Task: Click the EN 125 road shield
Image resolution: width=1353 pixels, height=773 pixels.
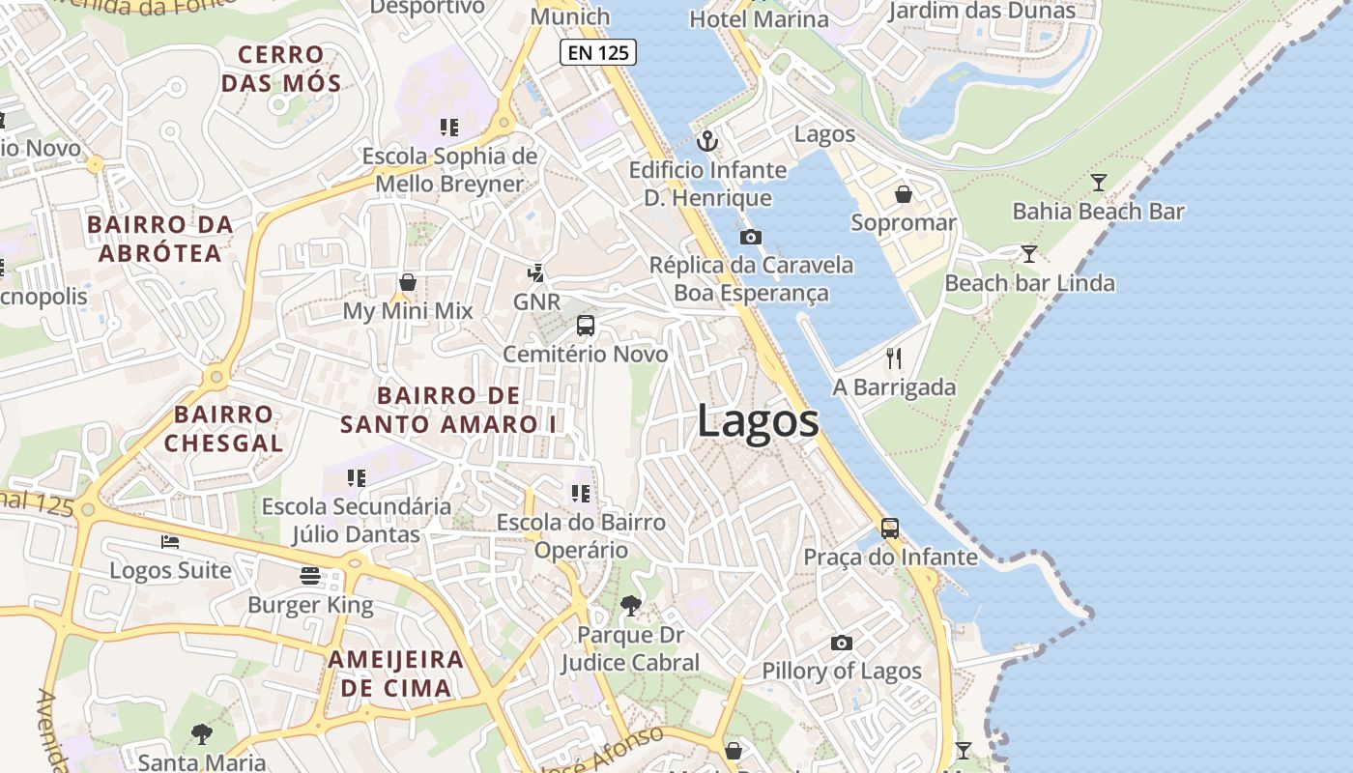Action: pyautogui.click(x=598, y=52)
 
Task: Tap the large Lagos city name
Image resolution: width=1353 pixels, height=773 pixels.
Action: pyautogui.click(x=758, y=422)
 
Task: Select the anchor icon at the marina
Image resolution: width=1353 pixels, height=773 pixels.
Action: pyautogui.click(x=708, y=142)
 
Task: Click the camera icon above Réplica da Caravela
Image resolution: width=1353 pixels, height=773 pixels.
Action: pyautogui.click(x=750, y=237)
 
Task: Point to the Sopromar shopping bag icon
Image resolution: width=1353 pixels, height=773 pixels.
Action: pyautogui.click(x=904, y=194)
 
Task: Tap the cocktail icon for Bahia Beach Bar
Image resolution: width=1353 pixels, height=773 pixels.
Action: pyautogui.click(x=1098, y=182)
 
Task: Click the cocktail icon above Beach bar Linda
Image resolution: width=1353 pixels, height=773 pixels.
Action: pyautogui.click(x=1029, y=254)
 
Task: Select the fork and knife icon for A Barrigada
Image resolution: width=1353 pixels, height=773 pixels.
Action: pyautogui.click(x=894, y=358)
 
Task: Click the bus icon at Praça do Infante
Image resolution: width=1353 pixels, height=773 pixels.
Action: pyautogui.click(x=890, y=529)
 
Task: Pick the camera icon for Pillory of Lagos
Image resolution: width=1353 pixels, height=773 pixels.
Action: pyautogui.click(x=842, y=643)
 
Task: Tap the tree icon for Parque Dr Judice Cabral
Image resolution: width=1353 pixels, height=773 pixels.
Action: pyautogui.click(x=631, y=606)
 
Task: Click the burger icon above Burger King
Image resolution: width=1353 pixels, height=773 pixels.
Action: pyautogui.click(x=310, y=577)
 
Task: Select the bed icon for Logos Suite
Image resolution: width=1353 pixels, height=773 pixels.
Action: pyautogui.click(x=170, y=542)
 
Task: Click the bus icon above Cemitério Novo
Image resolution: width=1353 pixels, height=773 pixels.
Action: pyautogui.click(x=586, y=326)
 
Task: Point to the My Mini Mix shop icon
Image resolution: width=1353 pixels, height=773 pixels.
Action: pyautogui.click(x=408, y=282)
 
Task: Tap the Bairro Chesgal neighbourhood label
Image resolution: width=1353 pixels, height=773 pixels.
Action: pyautogui.click(x=223, y=429)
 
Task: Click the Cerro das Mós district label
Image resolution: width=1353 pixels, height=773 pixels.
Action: pyautogui.click(x=281, y=69)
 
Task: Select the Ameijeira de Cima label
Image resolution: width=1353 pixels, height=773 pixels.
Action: pyautogui.click(x=396, y=673)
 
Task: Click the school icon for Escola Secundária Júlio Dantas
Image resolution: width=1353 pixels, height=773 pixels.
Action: pyautogui.click(x=357, y=477)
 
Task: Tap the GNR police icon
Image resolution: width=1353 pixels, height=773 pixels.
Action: pyautogui.click(x=536, y=273)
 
